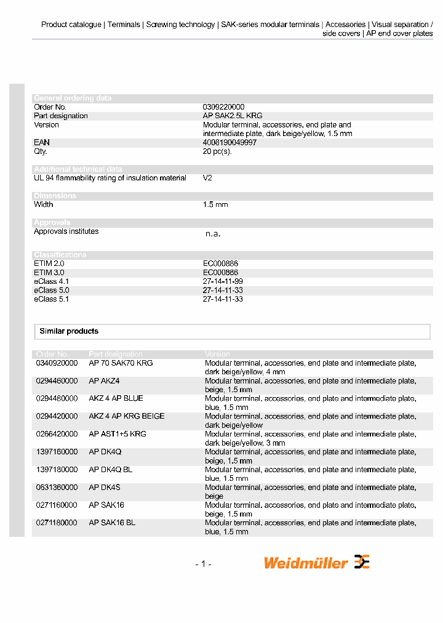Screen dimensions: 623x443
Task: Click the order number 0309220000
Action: click(x=223, y=107)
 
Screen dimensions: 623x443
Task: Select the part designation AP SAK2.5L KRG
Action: click(x=233, y=116)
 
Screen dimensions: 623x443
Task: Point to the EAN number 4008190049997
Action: click(x=229, y=142)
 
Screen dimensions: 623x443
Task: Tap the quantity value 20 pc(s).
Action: click(x=217, y=151)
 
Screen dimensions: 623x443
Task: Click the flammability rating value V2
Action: click(x=207, y=178)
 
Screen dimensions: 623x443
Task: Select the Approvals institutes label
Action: click(x=66, y=231)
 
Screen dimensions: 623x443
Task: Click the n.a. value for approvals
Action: click(x=212, y=234)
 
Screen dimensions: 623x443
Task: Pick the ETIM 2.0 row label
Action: click(x=49, y=263)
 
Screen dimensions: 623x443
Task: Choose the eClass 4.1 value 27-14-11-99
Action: click(x=223, y=281)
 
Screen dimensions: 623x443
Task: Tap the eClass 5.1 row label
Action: click(x=51, y=299)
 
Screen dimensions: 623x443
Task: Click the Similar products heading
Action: click(x=69, y=331)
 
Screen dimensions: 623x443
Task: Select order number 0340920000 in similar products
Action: click(x=57, y=363)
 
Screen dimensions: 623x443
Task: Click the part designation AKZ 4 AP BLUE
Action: click(x=116, y=398)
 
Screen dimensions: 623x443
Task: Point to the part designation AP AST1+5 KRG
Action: click(x=118, y=434)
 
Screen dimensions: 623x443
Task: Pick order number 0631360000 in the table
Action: click(x=57, y=488)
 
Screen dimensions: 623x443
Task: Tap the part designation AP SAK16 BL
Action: click(x=112, y=523)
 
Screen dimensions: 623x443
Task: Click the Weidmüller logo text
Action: click(x=306, y=563)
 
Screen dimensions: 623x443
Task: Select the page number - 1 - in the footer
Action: click(x=203, y=564)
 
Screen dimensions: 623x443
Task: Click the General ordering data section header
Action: click(x=73, y=98)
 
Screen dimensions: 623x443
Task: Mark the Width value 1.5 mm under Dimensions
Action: click(x=215, y=204)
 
